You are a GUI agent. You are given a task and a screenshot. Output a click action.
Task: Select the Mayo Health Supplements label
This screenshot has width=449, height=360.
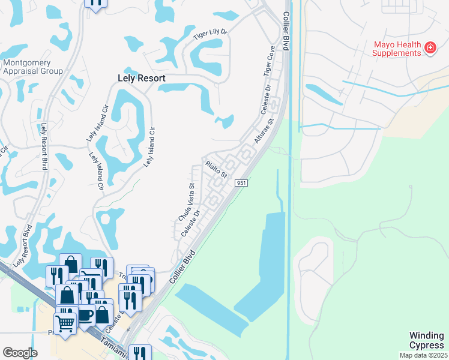(x=397, y=49)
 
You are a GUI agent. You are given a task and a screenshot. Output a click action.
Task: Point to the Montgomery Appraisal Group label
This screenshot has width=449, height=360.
(x=33, y=67)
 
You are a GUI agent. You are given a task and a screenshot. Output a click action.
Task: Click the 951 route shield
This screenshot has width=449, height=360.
(x=241, y=182)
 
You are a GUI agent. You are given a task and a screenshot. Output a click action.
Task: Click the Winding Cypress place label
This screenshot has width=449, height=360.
(x=427, y=340)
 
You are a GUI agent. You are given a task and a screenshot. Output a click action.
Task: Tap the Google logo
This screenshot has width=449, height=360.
(x=20, y=353)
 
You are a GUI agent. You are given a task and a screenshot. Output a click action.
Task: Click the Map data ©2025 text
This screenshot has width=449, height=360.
(x=423, y=355)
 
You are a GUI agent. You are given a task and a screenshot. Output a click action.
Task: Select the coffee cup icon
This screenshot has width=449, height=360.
(x=85, y=314)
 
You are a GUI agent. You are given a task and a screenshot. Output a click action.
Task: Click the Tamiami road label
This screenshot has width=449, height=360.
(x=113, y=346)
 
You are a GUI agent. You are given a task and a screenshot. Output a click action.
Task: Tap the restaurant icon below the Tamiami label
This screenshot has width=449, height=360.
(x=139, y=354)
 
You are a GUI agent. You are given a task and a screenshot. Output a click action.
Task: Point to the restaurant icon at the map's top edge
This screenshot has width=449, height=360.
(x=95, y=3)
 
